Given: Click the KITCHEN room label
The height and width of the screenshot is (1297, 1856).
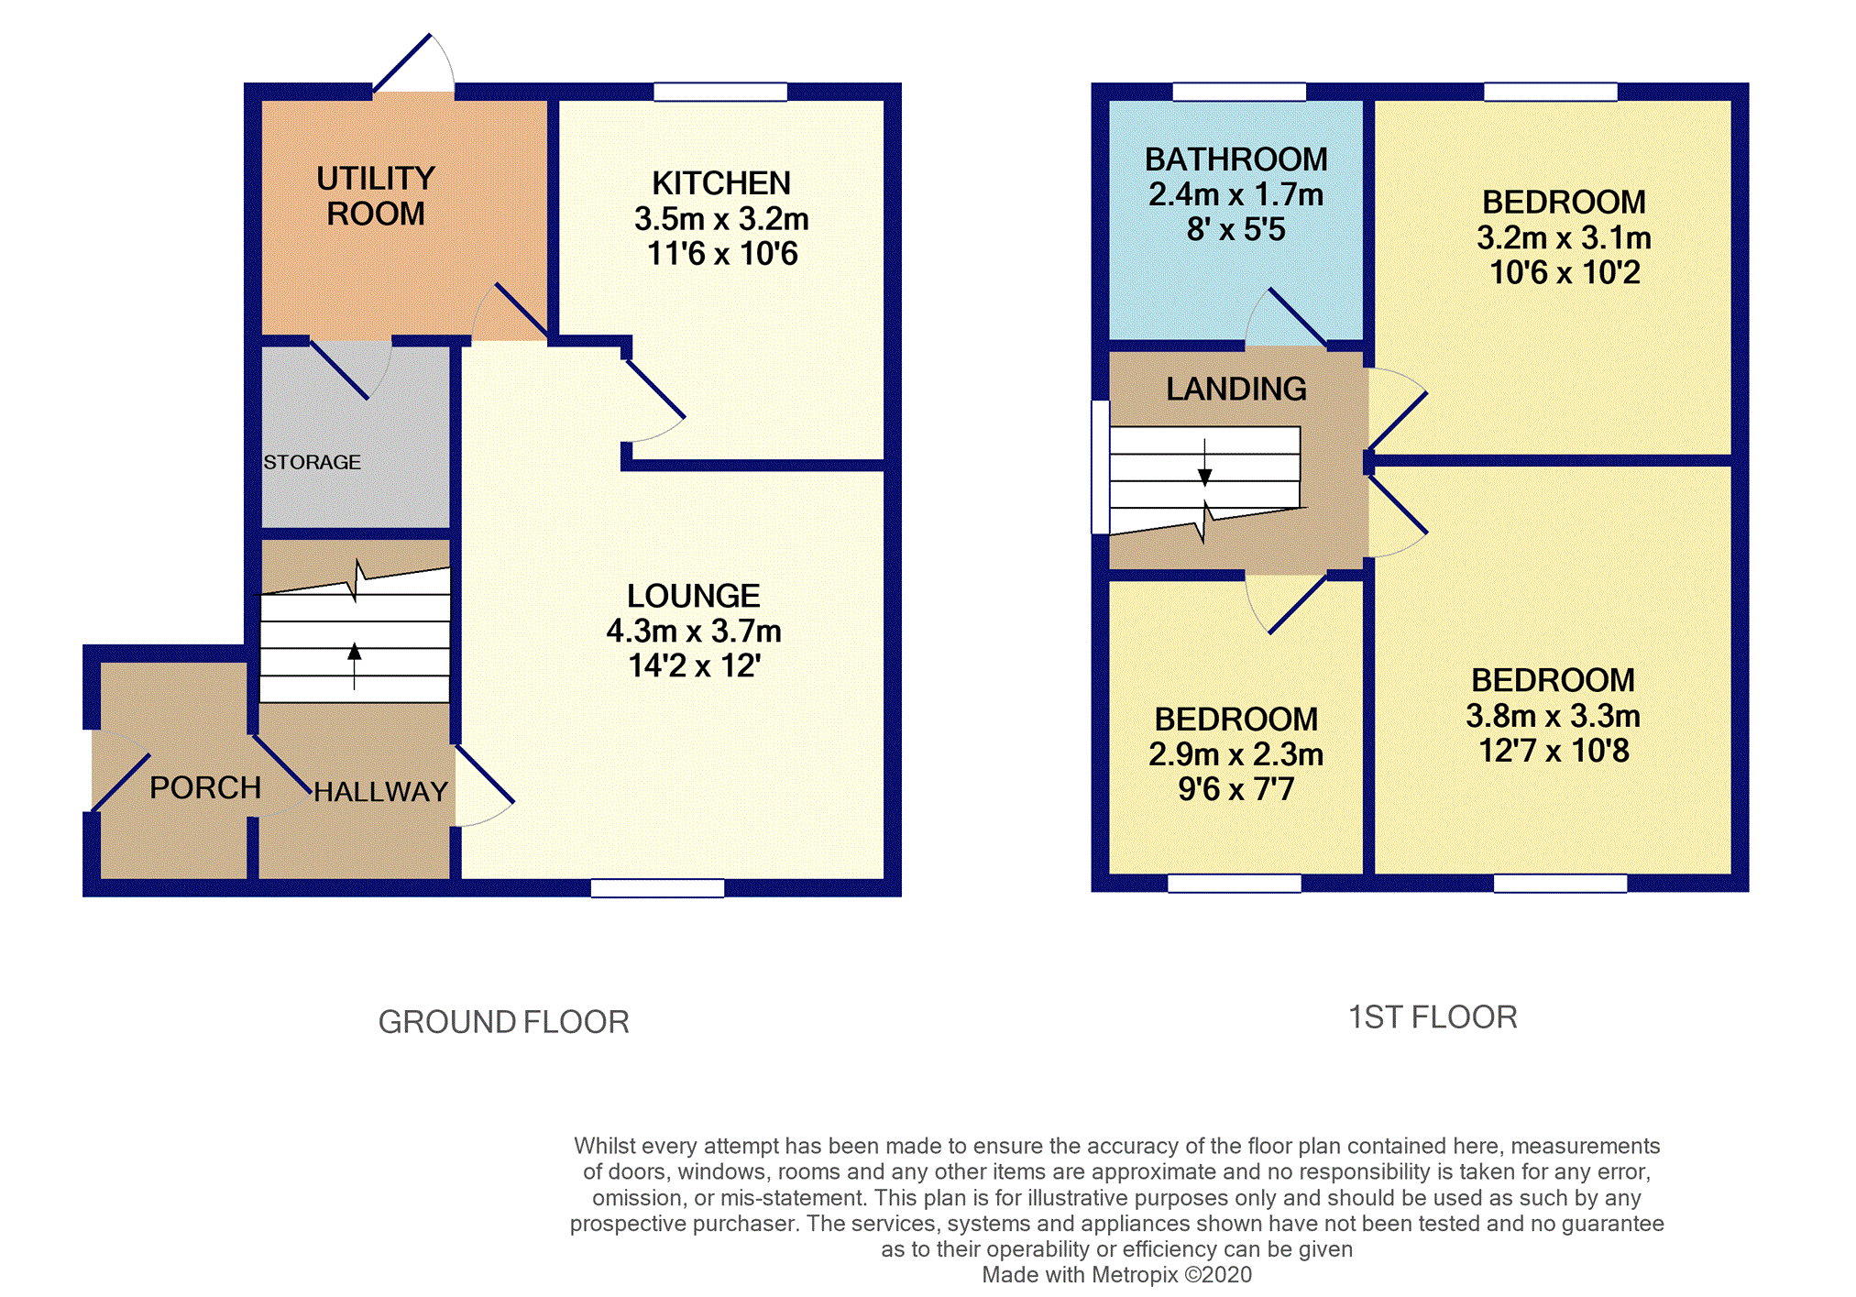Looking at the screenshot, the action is pos(721,183).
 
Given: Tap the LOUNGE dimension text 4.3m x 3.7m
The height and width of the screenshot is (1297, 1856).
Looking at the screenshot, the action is pos(694,632).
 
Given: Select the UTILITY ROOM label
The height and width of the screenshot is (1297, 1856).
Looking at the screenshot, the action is pos(376,195).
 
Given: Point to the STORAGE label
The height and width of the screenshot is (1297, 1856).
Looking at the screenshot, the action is pos(312,462).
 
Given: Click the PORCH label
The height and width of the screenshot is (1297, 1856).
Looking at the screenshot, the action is pos(205,787).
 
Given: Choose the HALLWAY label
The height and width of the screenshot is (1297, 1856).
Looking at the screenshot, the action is pos(381,792).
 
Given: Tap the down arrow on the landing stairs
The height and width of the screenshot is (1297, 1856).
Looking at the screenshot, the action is pos(1205,463).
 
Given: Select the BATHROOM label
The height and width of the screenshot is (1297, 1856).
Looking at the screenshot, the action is pos(1236,159).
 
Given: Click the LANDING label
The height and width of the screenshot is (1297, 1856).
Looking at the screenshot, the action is pos(1236,389).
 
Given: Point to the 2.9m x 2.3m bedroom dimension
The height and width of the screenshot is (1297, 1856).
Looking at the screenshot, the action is pos(1236,754).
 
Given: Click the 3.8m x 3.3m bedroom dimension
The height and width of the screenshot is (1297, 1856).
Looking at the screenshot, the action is pos(1554,716).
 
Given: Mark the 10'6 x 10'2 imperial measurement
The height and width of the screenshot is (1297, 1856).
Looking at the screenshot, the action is pos(1565,272).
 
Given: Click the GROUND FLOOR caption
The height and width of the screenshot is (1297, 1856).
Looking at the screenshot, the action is pos(504,1022).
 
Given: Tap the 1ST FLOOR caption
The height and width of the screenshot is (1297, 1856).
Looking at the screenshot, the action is pos(1433,1017).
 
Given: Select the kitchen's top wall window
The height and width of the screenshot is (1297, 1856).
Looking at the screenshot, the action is pos(720,92).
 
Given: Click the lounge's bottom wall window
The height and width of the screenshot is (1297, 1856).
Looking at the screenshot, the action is pos(658,888).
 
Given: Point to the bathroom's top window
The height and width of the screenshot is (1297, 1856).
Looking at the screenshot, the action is pos(1239,92).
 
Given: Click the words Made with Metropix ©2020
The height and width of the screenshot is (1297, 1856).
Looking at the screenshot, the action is pos(1116,1275).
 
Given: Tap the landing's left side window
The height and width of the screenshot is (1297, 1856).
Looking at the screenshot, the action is pos(1101,467).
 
